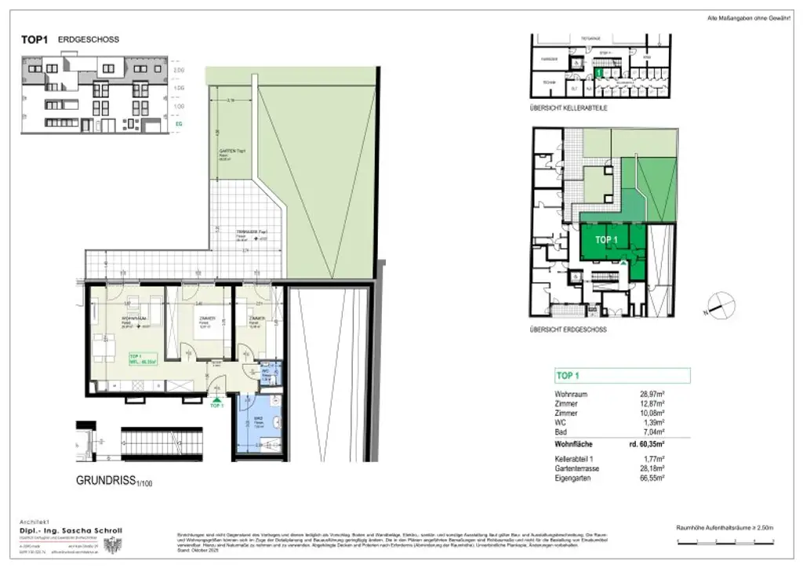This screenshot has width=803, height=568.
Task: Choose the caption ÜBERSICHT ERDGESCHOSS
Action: point(569,330)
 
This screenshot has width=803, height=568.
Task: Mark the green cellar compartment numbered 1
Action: point(598,72)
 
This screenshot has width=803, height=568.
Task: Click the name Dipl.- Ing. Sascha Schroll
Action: point(72,530)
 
